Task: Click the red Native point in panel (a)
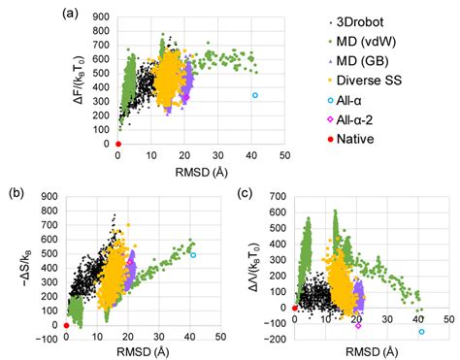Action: [x=117, y=145]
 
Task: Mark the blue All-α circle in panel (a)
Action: [x=255, y=95]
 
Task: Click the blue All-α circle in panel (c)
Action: [x=421, y=332]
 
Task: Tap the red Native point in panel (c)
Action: [x=294, y=309]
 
